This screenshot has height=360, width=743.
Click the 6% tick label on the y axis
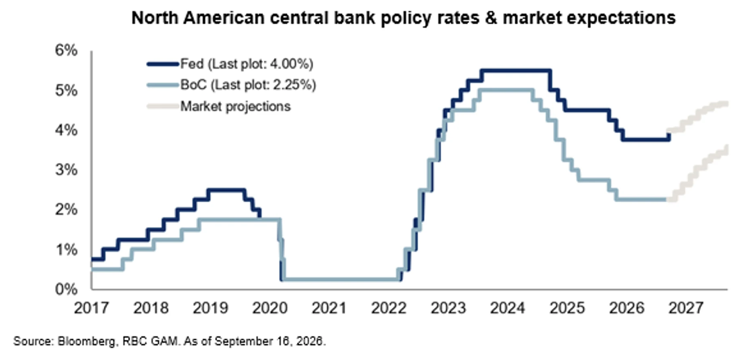(66, 51)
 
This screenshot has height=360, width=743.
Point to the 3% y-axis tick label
(66, 170)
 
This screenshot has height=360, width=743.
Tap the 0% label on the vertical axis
(66, 289)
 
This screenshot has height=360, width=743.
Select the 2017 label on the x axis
(91, 308)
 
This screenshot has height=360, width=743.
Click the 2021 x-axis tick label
(329, 308)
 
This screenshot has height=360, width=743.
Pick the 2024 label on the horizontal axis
(507, 308)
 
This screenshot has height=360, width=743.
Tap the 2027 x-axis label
(686, 308)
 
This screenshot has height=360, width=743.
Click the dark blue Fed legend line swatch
(163, 64)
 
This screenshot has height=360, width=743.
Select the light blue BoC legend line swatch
(163, 85)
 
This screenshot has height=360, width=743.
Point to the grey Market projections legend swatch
(163, 106)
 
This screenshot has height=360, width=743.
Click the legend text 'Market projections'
(235, 106)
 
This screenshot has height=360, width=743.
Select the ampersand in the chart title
(491, 18)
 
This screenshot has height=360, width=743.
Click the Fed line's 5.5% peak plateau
(516, 71)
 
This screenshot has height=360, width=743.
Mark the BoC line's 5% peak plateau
(505, 90)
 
